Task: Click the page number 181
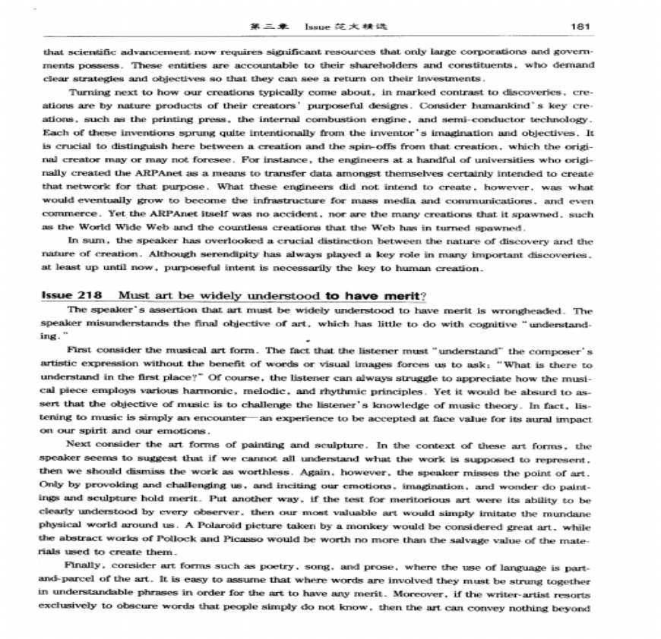coord(580,27)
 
